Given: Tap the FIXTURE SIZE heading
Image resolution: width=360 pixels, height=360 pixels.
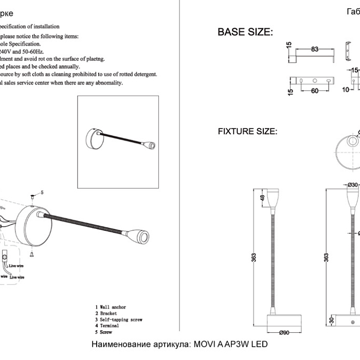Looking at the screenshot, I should click(x=247, y=132).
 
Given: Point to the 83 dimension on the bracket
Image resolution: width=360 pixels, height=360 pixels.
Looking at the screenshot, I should click(x=315, y=49).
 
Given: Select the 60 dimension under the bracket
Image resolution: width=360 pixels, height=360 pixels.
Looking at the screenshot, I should click(x=315, y=91).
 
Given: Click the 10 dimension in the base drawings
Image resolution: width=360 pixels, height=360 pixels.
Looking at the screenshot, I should click(x=346, y=89).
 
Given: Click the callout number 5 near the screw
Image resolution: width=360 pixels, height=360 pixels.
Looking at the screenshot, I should click(x=42, y=192).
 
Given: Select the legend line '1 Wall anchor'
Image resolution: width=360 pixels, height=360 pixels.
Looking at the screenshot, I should click(x=111, y=307).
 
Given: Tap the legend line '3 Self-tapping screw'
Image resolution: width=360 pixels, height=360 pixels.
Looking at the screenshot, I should click(x=119, y=319).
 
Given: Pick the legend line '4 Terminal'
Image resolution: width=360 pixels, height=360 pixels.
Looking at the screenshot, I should click(x=107, y=326).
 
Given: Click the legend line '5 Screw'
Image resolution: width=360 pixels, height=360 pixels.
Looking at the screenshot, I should click(x=104, y=332).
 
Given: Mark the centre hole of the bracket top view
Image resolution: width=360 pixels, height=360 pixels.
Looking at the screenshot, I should click(x=315, y=81).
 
